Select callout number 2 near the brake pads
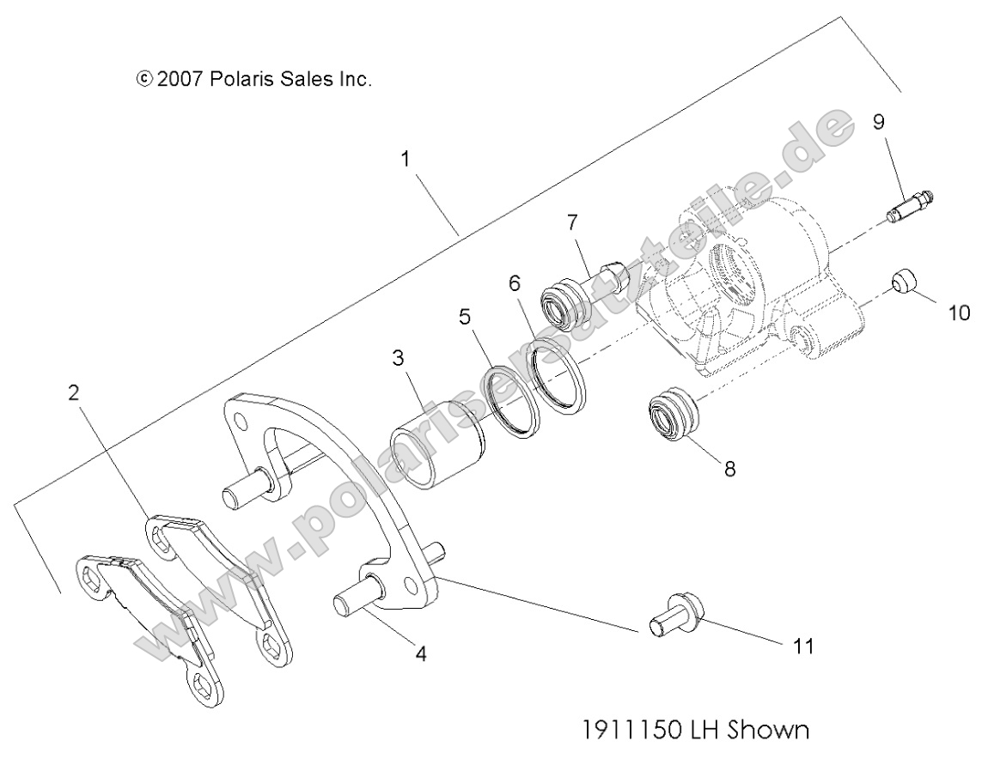pos(76,369)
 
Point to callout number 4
pos(420,653)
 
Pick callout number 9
pos(878,122)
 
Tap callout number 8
pos(729,470)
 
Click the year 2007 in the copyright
pos(179,80)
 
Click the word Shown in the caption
pos(771,731)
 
